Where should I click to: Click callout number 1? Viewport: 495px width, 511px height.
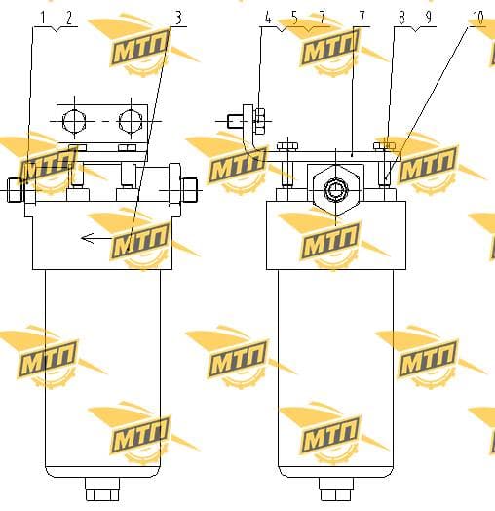42,18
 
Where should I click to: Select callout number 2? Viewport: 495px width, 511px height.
69,18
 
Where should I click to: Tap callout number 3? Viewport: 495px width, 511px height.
178,18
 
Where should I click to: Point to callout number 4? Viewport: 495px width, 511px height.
268,18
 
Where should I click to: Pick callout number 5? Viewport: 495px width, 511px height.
294,18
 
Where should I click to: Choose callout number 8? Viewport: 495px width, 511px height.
401,18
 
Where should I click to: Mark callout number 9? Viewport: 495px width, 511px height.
428,18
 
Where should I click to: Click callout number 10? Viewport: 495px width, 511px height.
477,18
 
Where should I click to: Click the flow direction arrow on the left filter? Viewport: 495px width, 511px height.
96,238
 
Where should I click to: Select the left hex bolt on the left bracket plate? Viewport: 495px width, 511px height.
75,121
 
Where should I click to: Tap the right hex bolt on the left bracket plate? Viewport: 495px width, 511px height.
131,121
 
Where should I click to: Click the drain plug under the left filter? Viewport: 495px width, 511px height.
102,490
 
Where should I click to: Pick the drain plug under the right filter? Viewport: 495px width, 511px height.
336,490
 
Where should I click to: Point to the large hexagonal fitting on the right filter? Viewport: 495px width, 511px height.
336,190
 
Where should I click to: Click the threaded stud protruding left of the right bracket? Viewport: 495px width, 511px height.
235,121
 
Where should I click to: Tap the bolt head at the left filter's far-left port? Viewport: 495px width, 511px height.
15,190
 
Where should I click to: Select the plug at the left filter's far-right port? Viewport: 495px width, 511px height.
190,190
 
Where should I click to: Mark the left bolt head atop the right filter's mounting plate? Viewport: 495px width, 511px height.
287,146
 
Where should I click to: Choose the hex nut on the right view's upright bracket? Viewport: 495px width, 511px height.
259,121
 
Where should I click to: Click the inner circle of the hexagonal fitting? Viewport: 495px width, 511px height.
336,190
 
